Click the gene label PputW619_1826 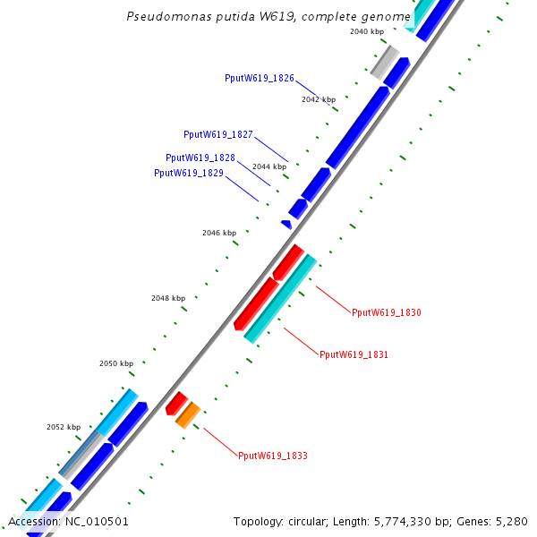(x=260, y=79)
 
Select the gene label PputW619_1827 (x=218, y=135)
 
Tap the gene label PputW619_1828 (x=200, y=158)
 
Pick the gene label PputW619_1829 (x=189, y=174)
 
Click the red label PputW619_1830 (x=386, y=313)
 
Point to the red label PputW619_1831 (x=354, y=355)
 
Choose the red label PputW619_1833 (x=273, y=456)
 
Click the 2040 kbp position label (x=366, y=31)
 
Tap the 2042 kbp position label (x=319, y=99)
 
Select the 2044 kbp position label (x=269, y=166)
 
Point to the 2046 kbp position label (x=219, y=233)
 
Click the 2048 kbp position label (x=168, y=298)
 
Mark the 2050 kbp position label (x=116, y=363)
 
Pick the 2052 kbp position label (x=64, y=428)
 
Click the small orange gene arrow (x=187, y=415)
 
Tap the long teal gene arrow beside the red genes (x=280, y=299)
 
